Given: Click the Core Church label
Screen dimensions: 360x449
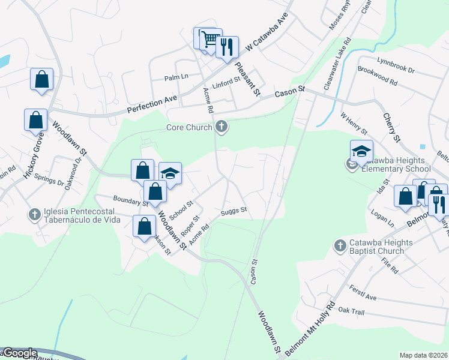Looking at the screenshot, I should point(189,127).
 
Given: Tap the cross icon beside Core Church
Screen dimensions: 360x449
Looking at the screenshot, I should point(221,127).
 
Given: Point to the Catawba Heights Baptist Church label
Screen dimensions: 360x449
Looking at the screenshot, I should point(381,248).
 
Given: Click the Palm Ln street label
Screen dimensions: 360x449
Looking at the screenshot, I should point(176,77).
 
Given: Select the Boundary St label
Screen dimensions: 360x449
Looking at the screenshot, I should point(130,200).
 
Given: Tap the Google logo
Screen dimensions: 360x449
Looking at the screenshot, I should point(19,353).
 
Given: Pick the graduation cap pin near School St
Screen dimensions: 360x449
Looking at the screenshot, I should point(170,174).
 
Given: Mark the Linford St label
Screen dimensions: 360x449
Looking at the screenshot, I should point(229,79).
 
